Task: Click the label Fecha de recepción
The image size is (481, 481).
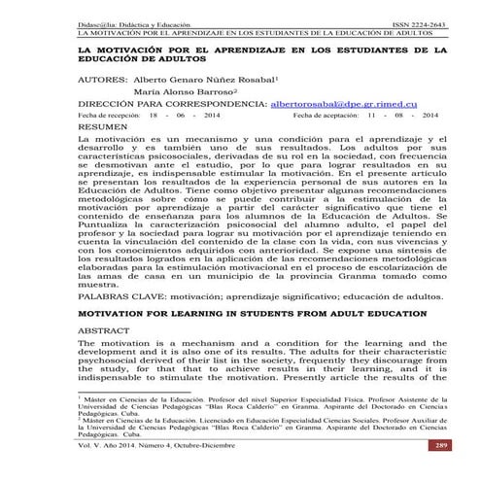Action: [x=109, y=114]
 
